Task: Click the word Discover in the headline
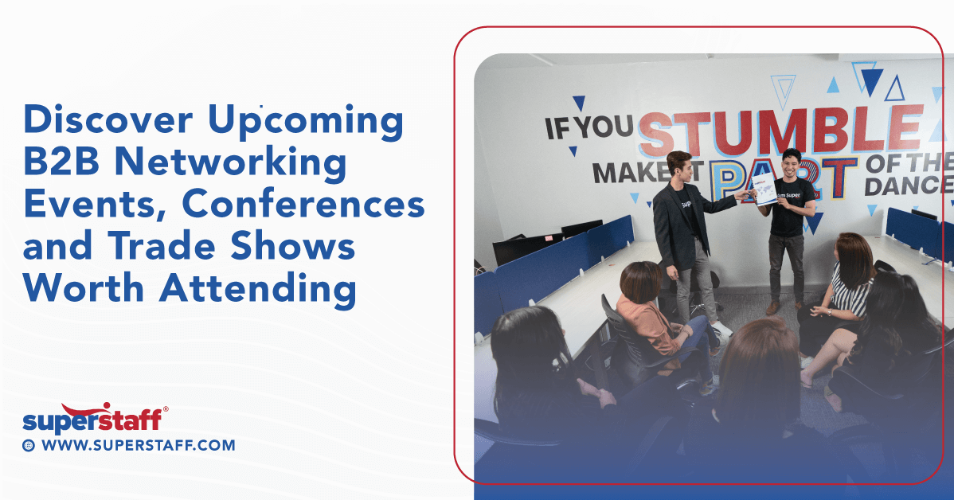tap(108, 120)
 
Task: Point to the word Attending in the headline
tap(257, 289)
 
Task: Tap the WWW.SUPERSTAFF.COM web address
tap(138, 446)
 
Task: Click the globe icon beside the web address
tap(29, 446)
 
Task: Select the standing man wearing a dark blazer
tap(682, 227)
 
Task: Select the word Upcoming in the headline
tap(306, 120)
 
